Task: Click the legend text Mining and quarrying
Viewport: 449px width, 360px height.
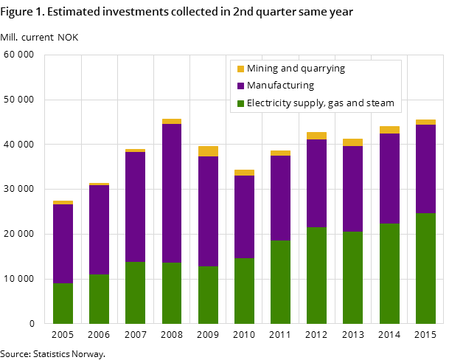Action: [296, 69]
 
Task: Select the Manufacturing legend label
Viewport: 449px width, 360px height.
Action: [280, 86]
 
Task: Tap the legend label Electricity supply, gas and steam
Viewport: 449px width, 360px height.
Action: [320, 103]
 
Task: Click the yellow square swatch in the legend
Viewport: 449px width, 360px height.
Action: [240, 69]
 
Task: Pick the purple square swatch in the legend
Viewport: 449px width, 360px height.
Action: [240, 86]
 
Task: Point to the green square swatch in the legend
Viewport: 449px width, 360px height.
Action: [240, 103]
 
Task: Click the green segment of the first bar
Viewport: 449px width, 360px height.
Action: [63, 303]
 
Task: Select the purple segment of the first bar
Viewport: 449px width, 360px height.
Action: [63, 243]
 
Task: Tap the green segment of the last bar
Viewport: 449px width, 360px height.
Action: [425, 268]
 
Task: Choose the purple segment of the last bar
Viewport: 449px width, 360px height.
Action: [425, 169]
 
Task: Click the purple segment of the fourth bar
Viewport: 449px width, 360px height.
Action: [172, 193]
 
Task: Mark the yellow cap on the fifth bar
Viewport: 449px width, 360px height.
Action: [208, 151]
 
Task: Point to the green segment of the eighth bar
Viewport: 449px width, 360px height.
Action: [316, 275]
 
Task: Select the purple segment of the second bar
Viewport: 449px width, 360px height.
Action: [100, 229]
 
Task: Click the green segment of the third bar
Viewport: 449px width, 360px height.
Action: [136, 292]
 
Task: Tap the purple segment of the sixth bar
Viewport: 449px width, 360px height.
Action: [244, 217]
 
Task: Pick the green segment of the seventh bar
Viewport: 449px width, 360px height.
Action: [280, 282]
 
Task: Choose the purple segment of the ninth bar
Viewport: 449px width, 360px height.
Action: [352, 189]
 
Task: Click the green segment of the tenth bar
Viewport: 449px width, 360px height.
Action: [389, 273]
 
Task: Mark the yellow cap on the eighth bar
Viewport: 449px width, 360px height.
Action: [316, 136]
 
